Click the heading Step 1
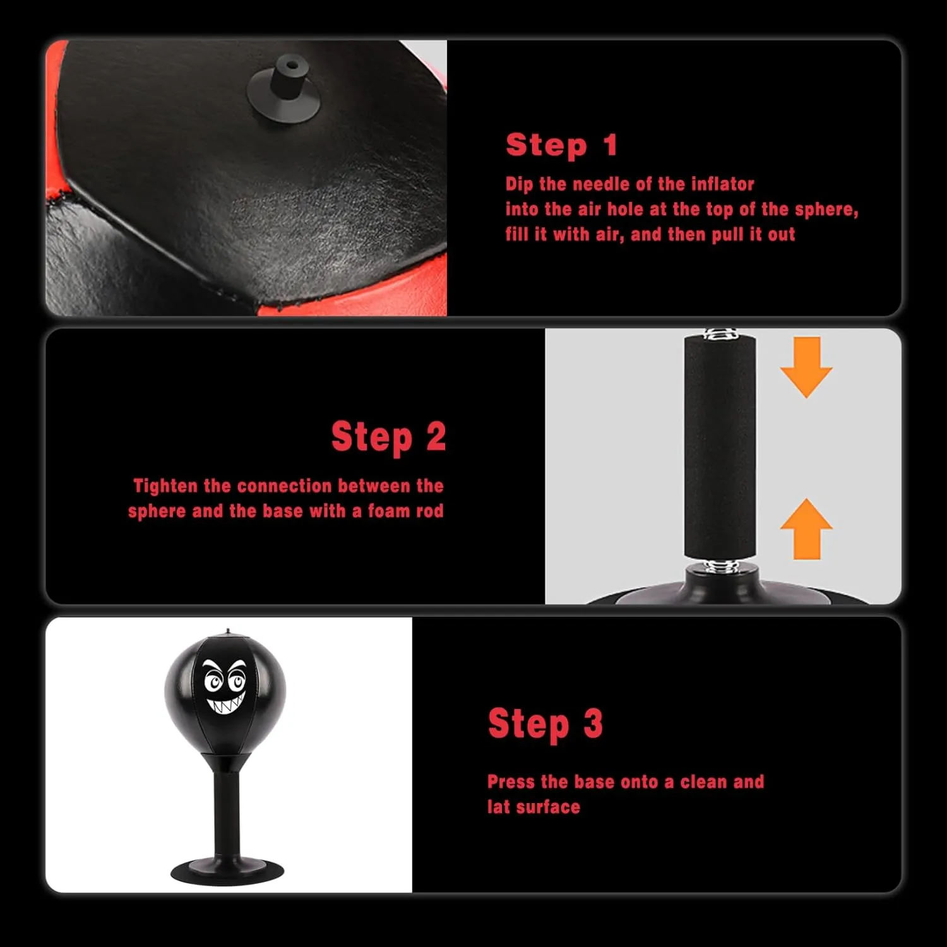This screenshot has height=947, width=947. coord(561,145)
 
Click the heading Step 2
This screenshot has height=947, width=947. coord(388,437)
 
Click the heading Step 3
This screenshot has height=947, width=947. coord(545,724)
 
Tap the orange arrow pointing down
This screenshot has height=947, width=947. coord(806,367)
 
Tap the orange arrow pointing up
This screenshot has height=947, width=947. coord(806,529)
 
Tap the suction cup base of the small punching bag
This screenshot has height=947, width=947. coord(227,873)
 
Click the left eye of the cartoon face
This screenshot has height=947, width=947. coord(213,681)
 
